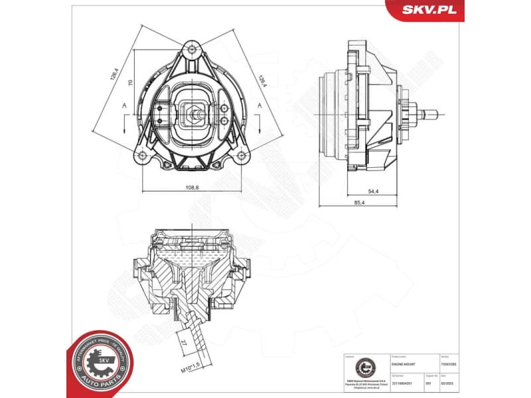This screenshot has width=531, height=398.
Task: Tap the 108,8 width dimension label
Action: [192, 188]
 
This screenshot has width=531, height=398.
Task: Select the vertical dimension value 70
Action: [131, 83]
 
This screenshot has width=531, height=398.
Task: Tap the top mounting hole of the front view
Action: [192, 49]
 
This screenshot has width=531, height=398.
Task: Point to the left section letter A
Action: [124, 106]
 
